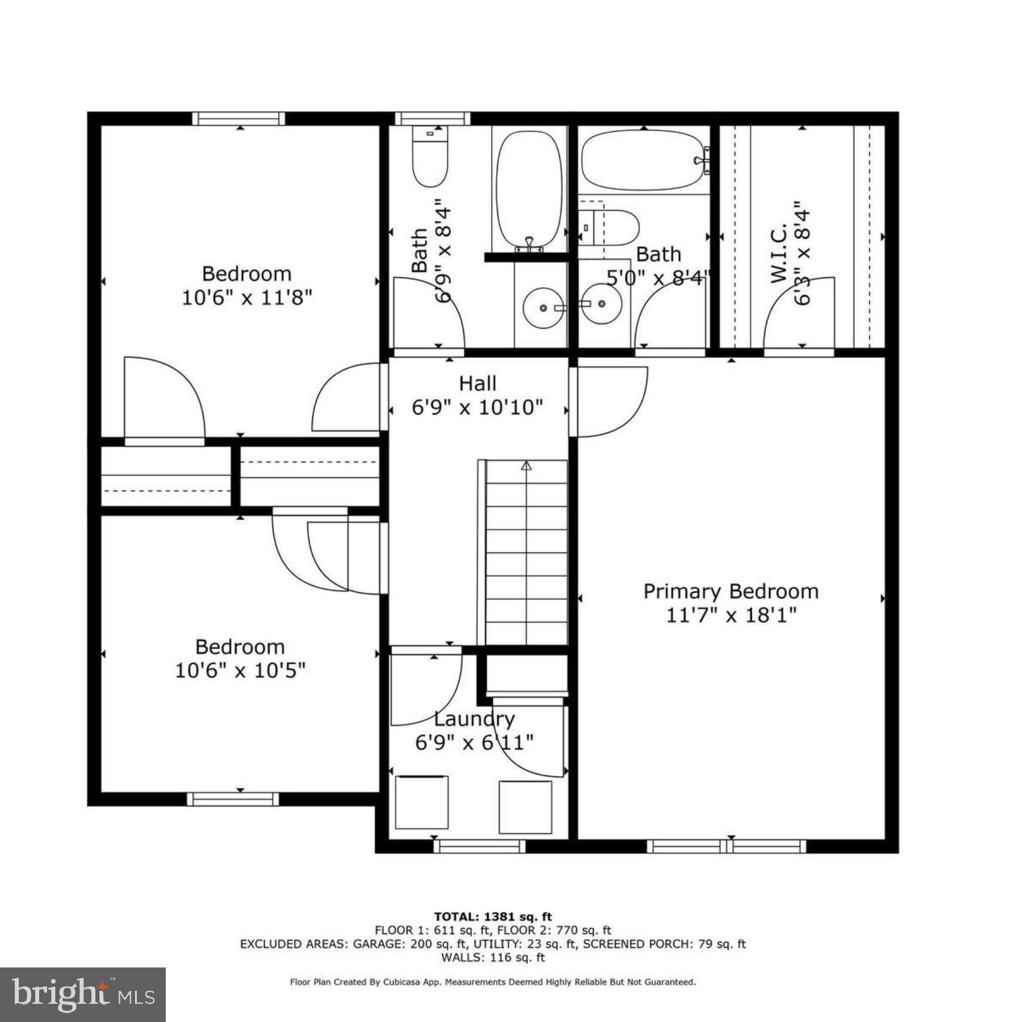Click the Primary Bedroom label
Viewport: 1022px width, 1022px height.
(x=731, y=592)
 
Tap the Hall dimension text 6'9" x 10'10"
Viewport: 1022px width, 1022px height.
(x=477, y=407)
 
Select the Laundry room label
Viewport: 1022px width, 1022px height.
(x=474, y=719)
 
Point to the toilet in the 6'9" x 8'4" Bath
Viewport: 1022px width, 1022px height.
(x=430, y=157)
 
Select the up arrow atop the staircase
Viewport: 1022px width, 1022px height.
(x=526, y=466)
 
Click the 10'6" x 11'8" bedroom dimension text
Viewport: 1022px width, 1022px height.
(x=247, y=298)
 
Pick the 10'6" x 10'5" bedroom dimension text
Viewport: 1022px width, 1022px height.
(x=240, y=671)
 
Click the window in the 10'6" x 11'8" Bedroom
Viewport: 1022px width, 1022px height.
(x=238, y=119)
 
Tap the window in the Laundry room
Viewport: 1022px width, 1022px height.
(x=480, y=847)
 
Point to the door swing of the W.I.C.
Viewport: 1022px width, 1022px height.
(x=798, y=315)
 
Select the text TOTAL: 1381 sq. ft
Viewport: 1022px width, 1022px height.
(x=493, y=916)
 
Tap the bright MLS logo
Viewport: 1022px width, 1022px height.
(x=83, y=994)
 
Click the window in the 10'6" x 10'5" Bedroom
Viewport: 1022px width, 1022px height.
(x=233, y=799)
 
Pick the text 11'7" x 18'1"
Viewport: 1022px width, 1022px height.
(x=731, y=615)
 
